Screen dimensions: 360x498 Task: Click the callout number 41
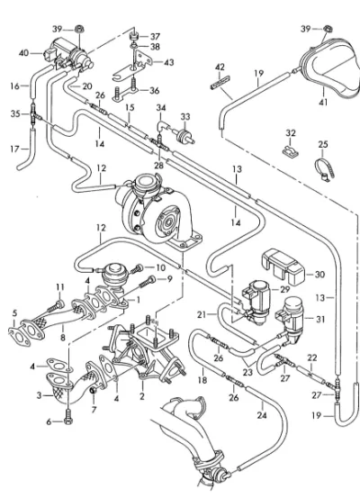point(323,103)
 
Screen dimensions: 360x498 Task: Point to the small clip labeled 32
point(291,151)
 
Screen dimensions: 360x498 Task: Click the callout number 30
point(320,274)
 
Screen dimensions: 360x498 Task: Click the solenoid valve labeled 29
point(256,301)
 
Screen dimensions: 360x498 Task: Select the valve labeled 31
point(292,318)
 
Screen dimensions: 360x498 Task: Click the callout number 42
point(220,67)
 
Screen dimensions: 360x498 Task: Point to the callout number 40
point(23,53)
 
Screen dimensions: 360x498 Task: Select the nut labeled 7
point(94,391)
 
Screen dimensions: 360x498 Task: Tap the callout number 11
point(60,287)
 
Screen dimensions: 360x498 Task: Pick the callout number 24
point(262,415)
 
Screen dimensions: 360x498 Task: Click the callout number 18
point(202,380)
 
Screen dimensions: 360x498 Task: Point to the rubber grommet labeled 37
point(134,36)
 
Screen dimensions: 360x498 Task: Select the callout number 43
point(168,62)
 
